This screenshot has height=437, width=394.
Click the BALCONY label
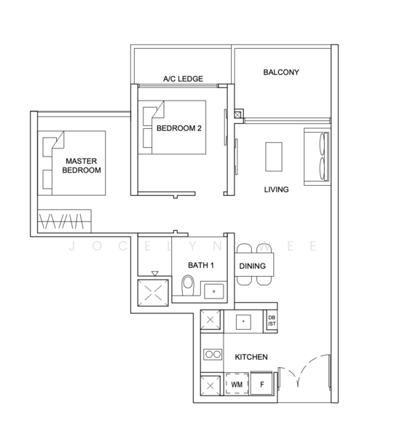281,72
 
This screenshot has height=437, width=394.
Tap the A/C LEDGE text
183,79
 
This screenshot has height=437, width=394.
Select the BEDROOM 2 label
179,128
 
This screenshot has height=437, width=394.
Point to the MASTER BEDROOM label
82,165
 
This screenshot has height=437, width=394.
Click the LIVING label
276,189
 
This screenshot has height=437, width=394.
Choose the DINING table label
253,266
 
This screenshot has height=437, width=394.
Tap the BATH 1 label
201,265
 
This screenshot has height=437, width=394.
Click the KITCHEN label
251,357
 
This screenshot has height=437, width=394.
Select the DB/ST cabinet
272,320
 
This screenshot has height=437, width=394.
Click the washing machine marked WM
237,384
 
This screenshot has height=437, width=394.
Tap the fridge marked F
261,384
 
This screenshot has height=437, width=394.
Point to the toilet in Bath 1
188,285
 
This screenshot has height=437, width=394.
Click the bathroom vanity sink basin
213,291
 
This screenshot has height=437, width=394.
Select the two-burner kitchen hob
213,354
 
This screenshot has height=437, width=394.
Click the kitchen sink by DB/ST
243,322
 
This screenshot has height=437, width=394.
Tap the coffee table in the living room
274,157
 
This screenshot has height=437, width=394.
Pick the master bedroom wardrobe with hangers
64,221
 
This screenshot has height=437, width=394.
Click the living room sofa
317,157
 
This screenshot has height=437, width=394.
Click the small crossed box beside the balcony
237,114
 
